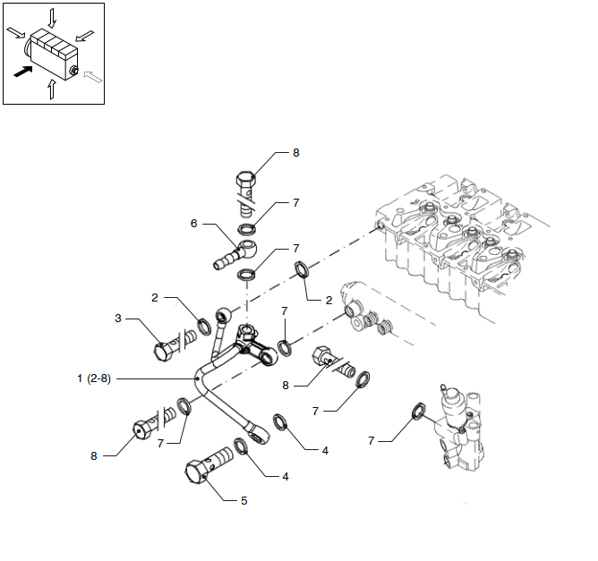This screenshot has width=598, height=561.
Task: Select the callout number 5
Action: pos(243,500)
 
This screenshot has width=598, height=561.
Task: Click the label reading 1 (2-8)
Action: pos(95,378)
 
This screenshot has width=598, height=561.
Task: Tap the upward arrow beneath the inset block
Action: pos(51,89)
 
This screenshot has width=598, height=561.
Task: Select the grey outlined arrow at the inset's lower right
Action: pos(93,79)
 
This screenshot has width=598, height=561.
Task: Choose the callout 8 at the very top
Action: pos(295,153)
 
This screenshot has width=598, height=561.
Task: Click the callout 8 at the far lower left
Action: pos(93,455)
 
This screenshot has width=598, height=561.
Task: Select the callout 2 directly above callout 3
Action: pos(154,297)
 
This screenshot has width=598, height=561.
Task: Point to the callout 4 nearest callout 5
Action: pos(285,477)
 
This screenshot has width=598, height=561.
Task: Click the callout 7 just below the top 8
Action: pos(295,203)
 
